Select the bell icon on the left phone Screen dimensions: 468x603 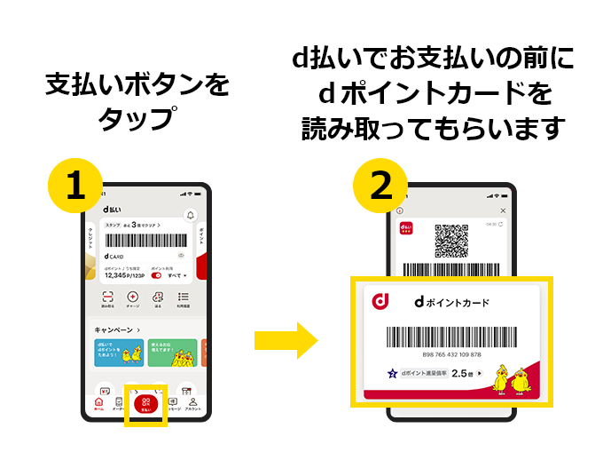[190, 215]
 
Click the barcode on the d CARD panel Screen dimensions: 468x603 [146, 241]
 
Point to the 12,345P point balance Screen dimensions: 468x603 [121, 275]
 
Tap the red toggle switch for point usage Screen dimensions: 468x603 [157, 275]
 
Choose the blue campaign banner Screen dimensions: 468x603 [118, 353]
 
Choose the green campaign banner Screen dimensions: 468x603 [171, 353]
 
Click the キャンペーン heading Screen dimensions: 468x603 [118, 329]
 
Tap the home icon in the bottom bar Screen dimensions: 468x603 [99, 403]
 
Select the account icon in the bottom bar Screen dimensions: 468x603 [192, 403]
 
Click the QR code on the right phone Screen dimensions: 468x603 [450, 240]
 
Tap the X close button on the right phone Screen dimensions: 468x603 [503, 210]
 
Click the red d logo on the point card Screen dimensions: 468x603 [382, 303]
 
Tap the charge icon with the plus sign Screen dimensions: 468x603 [133, 298]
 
